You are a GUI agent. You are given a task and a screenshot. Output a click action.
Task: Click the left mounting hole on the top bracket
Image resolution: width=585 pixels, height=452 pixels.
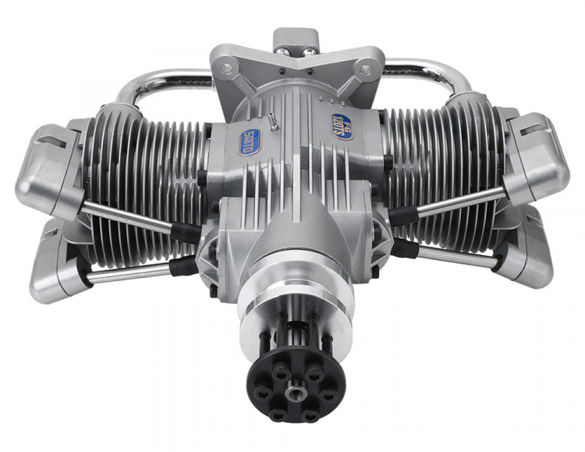225,69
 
